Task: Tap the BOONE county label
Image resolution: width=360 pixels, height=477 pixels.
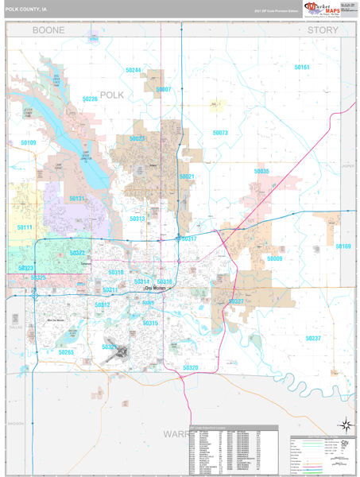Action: pyautogui.click(x=48, y=30)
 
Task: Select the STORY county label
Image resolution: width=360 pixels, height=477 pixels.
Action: pyautogui.click(x=323, y=30)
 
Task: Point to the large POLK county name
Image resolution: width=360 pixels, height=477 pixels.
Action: pyautogui.click(x=113, y=94)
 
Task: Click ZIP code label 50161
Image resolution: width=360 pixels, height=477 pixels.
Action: pyautogui.click(x=302, y=68)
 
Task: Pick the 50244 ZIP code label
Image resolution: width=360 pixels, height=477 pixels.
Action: pyautogui.click(x=134, y=71)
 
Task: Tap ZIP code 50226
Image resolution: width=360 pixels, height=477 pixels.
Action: pyautogui.click(x=90, y=99)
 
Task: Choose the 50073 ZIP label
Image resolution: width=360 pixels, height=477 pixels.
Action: pyautogui.click(x=220, y=133)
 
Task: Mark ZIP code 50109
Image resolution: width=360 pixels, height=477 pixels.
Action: pyautogui.click(x=29, y=143)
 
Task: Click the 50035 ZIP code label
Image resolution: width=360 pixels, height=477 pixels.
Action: pyautogui.click(x=261, y=171)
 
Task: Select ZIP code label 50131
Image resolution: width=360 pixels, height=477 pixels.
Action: pyautogui.click(x=77, y=199)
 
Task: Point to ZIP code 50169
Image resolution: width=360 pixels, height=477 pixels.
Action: pyautogui.click(x=343, y=246)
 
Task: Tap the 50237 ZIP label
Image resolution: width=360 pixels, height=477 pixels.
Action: pyautogui.click(x=313, y=338)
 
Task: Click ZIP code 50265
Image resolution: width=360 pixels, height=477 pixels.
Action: pyautogui.click(x=66, y=352)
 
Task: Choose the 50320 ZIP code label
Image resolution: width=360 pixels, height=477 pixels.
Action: pyautogui.click(x=191, y=368)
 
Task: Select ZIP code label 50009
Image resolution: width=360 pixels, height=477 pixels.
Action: pyautogui.click(x=275, y=259)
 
